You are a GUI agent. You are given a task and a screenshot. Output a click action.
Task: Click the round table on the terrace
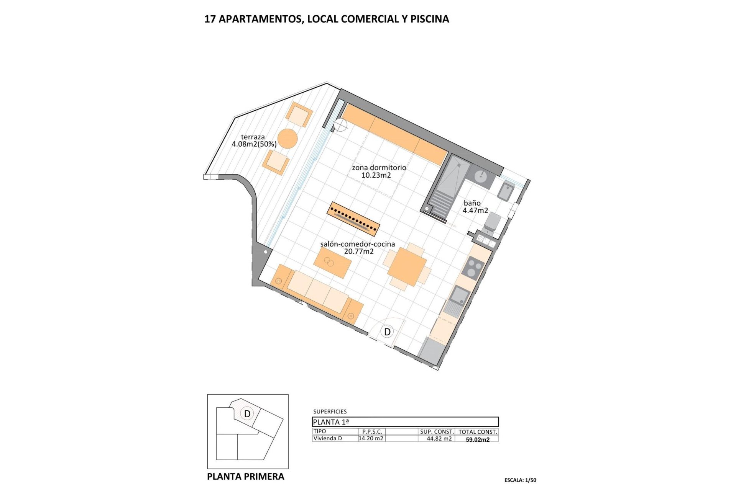pyautogui.click(x=287, y=139)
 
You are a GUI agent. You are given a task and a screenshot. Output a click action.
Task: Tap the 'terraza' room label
pyautogui.click(x=253, y=137)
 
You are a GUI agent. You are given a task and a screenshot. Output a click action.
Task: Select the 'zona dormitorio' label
pyautogui.click(x=379, y=168)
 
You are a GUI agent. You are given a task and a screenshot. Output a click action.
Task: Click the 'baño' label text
pyautogui.click(x=472, y=203)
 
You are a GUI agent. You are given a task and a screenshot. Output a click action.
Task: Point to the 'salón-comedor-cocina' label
pyautogui.click(x=357, y=244)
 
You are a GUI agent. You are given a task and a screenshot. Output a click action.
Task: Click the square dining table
pyautogui.click(x=407, y=267)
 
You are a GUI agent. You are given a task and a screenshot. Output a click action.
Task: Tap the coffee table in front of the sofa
pyautogui.click(x=332, y=263)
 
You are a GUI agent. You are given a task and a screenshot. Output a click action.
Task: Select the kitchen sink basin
pyautogui.click(x=459, y=296)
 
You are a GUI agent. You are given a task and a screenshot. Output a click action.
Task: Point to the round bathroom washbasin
pyautogui.click(x=481, y=176)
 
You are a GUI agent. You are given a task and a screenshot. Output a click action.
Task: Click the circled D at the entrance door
pyautogui.click(x=387, y=332)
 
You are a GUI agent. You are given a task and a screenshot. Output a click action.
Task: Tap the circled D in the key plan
pyautogui.click(x=247, y=414)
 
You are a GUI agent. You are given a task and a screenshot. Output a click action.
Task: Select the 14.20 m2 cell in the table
pyautogui.click(x=371, y=439)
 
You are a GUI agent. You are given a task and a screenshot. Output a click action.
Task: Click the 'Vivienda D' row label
pyautogui.click(x=327, y=439)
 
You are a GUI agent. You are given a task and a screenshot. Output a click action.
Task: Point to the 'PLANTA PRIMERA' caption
pyautogui.click(x=245, y=477)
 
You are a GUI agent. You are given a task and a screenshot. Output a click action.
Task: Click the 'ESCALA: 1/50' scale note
pyautogui.click(x=520, y=480)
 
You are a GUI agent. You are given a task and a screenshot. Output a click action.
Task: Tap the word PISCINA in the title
pyautogui.click(x=429, y=19)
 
